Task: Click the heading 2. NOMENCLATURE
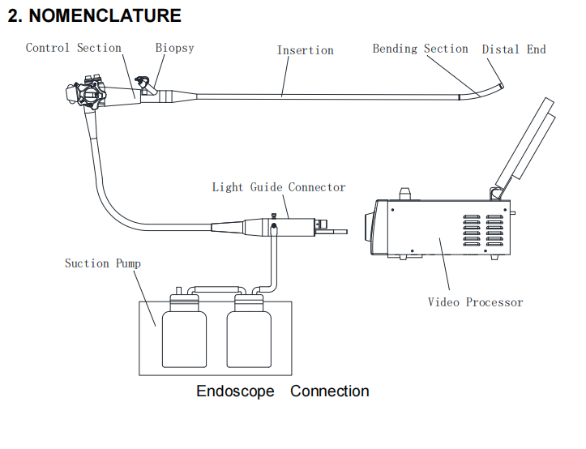pyautogui.click(x=94, y=15)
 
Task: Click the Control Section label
pyautogui.click(x=73, y=48)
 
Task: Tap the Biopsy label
pyautogui.click(x=174, y=48)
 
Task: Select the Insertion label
pyautogui.click(x=305, y=50)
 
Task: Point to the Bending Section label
pyautogui.click(x=420, y=49)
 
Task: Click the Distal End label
pyautogui.click(x=514, y=49)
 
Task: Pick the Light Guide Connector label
pyautogui.click(x=279, y=187)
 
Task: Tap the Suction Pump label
pyautogui.click(x=102, y=263)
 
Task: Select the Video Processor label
pyautogui.click(x=475, y=302)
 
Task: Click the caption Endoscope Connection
pyautogui.click(x=282, y=391)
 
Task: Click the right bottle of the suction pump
pyautogui.click(x=248, y=332)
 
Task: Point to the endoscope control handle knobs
pyautogui.click(x=88, y=92)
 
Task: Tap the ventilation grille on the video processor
pyautogui.click(x=483, y=231)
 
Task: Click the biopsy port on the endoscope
pyautogui.click(x=144, y=83)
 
